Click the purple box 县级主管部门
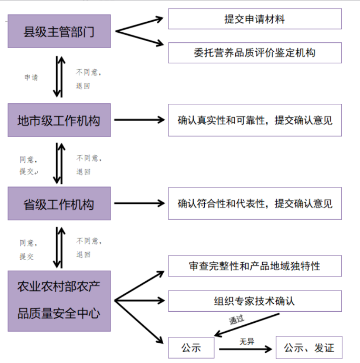(59, 31)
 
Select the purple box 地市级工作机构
(59, 120)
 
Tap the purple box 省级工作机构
(59, 203)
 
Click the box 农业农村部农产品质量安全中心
(59, 301)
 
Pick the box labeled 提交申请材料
(255, 19)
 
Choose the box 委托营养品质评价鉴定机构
(255, 53)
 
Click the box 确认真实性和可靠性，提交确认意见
(255, 120)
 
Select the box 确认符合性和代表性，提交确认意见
(255, 203)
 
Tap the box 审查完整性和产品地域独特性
(255, 266)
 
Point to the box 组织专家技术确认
(255, 301)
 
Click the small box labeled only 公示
(191, 348)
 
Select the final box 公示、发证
(309, 348)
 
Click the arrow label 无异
(247, 341)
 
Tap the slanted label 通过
(236, 320)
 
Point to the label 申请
(31, 78)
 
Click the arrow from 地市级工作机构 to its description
(140, 120)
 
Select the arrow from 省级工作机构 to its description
(140, 203)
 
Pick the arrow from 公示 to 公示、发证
(245, 349)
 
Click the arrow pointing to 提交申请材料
(140, 25)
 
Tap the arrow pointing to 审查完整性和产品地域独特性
(139, 286)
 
